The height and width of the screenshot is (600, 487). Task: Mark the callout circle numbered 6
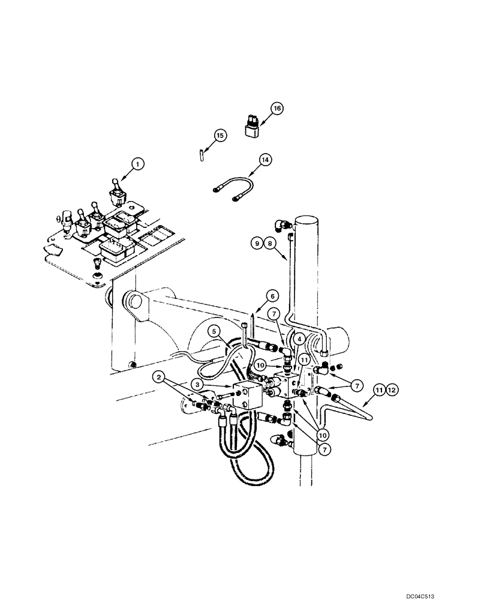point(273,296)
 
